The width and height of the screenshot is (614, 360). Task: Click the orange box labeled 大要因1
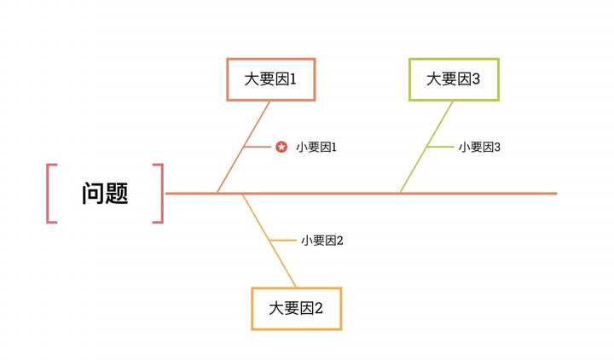pos(270,79)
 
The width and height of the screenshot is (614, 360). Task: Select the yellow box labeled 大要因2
pos(296,309)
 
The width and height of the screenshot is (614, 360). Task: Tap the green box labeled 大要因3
pos(454,79)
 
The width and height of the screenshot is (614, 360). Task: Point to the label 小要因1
pos(316,148)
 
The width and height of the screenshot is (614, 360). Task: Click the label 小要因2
pos(321,241)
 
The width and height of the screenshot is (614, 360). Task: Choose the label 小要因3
pos(479,148)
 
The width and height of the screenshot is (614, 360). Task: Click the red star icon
pos(281,148)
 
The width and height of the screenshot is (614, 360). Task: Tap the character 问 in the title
pos(93,194)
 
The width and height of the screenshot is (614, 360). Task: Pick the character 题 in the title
pos(117,194)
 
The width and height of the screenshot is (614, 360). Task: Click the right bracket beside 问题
pos(159,194)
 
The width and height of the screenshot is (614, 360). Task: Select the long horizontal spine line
pos(478,194)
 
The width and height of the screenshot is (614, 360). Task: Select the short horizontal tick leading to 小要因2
pos(282,241)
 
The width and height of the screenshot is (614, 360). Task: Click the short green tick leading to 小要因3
pos(441,147)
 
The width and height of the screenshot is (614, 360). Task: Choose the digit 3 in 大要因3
pos(476,79)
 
